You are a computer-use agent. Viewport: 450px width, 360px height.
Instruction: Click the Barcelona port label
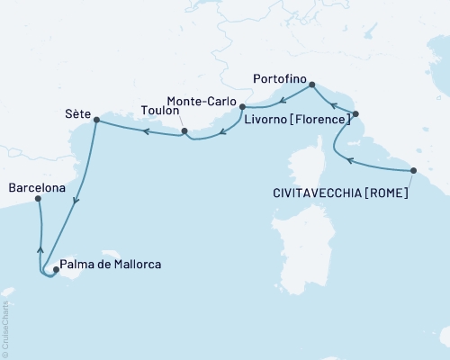tap(37, 188)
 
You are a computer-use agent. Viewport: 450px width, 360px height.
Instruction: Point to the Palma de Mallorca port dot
tap(56, 269)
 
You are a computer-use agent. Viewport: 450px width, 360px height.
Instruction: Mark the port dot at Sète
tap(94, 123)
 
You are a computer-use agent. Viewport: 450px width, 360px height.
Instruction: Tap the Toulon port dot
tap(184, 132)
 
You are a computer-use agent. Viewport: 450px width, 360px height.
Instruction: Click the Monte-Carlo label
tap(204, 103)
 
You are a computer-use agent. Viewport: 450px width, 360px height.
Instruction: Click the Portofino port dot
tap(312, 85)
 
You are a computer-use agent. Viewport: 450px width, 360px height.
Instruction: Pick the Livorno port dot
tap(356, 114)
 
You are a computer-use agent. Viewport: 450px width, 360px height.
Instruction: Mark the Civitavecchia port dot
tap(413, 170)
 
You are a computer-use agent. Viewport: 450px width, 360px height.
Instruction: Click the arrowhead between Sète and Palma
tap(76, 201)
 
